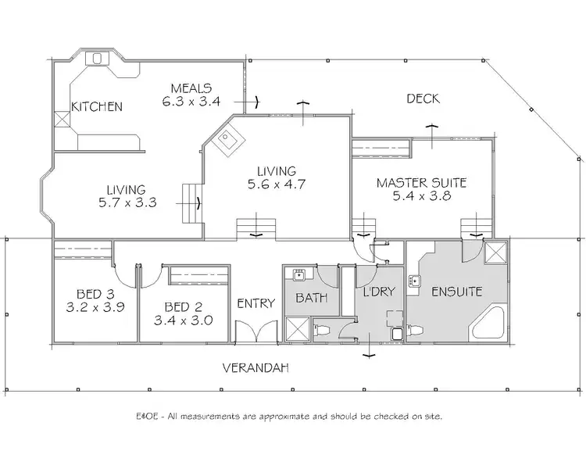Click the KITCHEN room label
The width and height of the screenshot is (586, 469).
point(97,106)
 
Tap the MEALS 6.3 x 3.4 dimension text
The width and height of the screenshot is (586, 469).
point(192,102)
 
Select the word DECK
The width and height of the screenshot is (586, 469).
point(423,98)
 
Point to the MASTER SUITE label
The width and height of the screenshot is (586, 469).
point(421,183)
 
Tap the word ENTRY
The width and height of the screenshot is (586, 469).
point(255,303)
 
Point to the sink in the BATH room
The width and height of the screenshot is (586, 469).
point(299,274)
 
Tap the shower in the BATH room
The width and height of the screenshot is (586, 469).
point(296,328)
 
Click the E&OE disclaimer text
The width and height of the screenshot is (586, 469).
point(289,416)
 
